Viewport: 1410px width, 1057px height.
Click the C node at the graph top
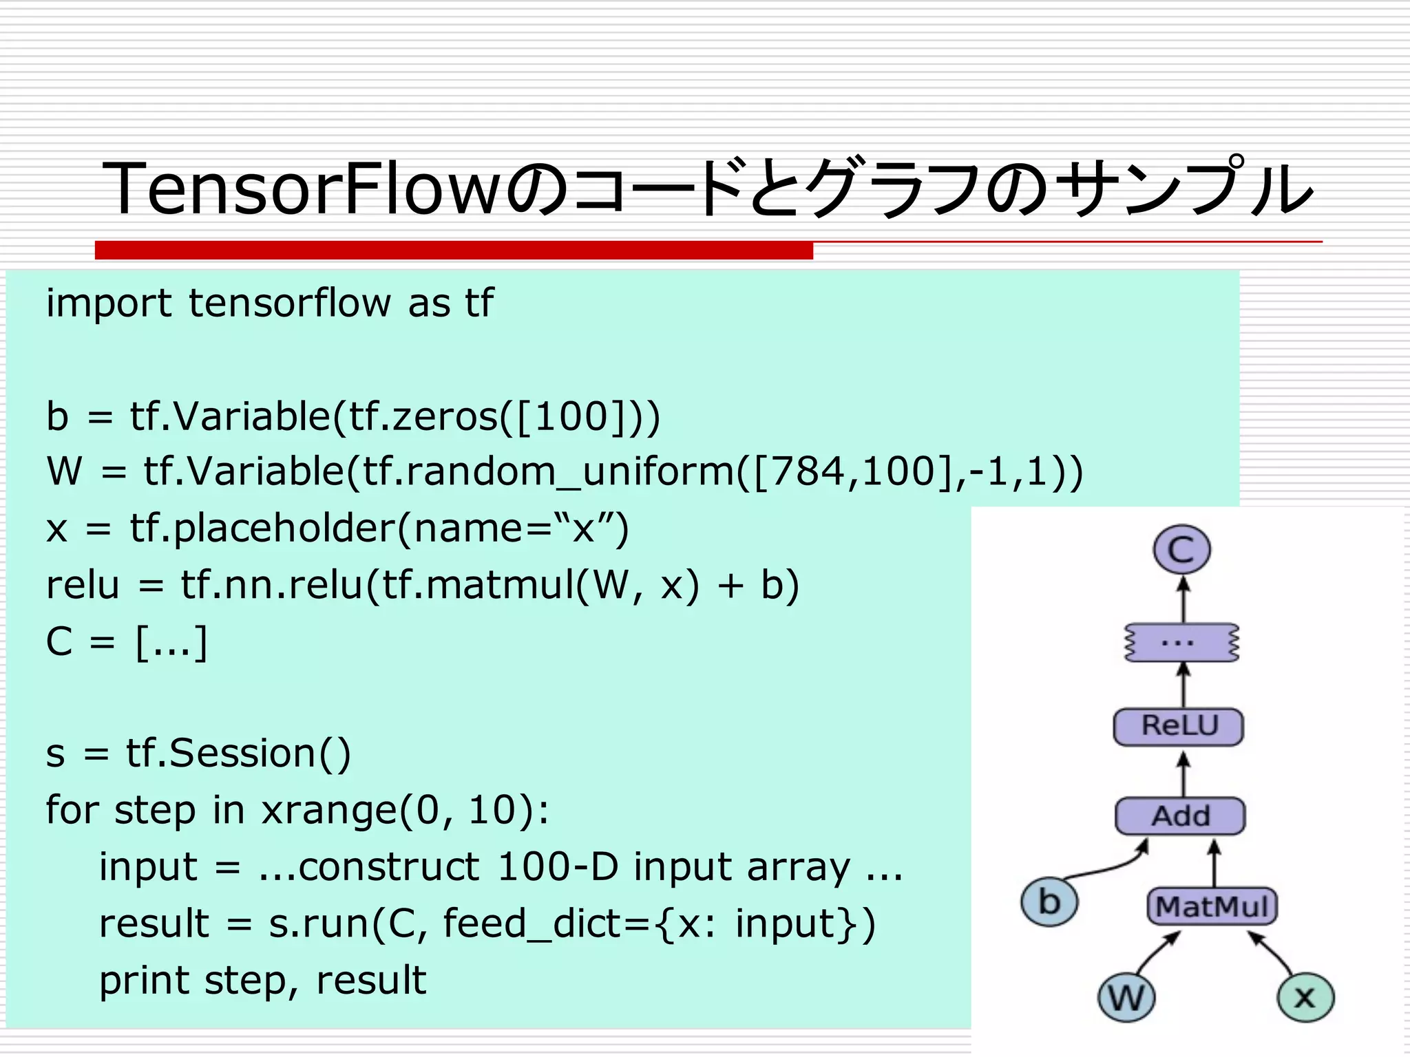(1181, 549)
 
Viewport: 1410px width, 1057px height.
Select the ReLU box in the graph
(1179, 727)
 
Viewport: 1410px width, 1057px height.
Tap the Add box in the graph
(1180, 816)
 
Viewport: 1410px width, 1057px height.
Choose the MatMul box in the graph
(1212, 906)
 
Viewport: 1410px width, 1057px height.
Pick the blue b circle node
(1049, 902)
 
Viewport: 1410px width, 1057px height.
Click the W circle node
(1126, 997)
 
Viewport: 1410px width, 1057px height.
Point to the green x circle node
(1305, 997)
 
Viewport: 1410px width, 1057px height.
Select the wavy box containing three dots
(1181, 643)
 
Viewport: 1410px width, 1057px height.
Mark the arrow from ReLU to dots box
(1183, 685)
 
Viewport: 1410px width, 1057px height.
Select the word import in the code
(109, 303)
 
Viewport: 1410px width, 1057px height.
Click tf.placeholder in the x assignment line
(260, 529)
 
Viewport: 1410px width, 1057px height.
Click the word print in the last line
(143, 981)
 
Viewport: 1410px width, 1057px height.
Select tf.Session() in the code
(238, 753)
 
